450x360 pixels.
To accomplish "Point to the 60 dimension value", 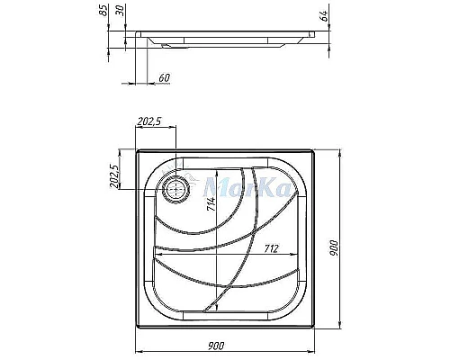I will pyautogui.click(x=163, y=78).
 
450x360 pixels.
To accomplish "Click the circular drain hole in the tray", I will pyautogui.click(x=176, y=188).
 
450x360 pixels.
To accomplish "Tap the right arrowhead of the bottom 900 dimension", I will pyautogui.click(x=322, y=350).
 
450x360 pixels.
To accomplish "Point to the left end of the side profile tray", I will pyautogui.click(x=134, y=36).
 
